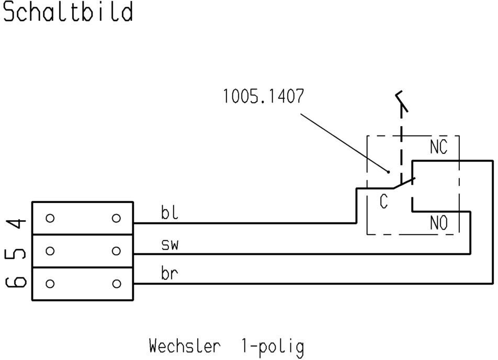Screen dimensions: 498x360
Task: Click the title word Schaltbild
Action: [68, 12]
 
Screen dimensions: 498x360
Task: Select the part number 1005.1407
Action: [264, 96]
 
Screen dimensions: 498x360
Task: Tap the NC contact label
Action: [438, 147]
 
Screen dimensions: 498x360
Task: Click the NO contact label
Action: [438, 222]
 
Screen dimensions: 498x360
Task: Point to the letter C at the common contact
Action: [383, 201]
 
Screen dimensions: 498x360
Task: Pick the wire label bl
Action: [169, 212]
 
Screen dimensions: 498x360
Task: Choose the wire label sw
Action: [170, 245]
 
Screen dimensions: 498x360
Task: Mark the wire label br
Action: [169, 273]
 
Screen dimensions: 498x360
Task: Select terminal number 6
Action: [16, 282]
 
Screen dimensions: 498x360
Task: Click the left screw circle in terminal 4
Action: [50, 218]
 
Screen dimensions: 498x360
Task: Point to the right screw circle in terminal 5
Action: [117, 251]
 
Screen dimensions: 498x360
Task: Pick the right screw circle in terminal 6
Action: [117, 284]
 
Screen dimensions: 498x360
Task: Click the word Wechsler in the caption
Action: [185, 346]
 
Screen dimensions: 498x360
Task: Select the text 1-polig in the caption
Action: [273, 347]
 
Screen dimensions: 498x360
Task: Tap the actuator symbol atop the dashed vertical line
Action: [402, 101]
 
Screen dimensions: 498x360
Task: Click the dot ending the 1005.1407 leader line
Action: [388, 172]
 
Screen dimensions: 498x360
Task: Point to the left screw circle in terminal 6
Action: [50, 284]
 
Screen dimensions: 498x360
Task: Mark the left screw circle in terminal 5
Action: [50, 251]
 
